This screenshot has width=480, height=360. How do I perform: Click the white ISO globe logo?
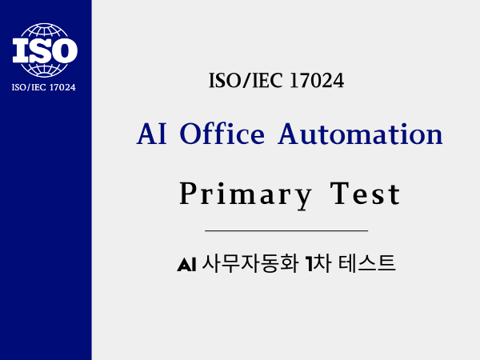[45, 50]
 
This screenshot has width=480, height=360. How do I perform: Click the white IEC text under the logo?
[38, 87]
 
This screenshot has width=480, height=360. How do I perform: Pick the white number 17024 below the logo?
[62, 87]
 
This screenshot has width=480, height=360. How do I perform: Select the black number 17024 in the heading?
[317, 81]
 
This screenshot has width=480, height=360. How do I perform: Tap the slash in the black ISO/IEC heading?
[246, 81]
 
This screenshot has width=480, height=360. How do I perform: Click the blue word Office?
[222, 134]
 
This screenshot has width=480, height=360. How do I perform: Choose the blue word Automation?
[360, 134]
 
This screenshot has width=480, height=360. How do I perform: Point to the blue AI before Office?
[152, 134]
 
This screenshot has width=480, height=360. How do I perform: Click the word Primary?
[246, 194]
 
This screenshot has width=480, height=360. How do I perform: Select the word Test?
[366, 194]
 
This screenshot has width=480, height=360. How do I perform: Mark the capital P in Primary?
[187, 193]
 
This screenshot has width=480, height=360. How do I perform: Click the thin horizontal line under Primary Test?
[286, 230]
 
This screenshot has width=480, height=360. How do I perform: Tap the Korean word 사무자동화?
[250, 263]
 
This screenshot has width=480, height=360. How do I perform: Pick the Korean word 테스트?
[366, 263]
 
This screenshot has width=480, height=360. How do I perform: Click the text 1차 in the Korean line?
[318, 263]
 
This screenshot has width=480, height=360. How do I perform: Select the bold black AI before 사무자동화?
[186, 265]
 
